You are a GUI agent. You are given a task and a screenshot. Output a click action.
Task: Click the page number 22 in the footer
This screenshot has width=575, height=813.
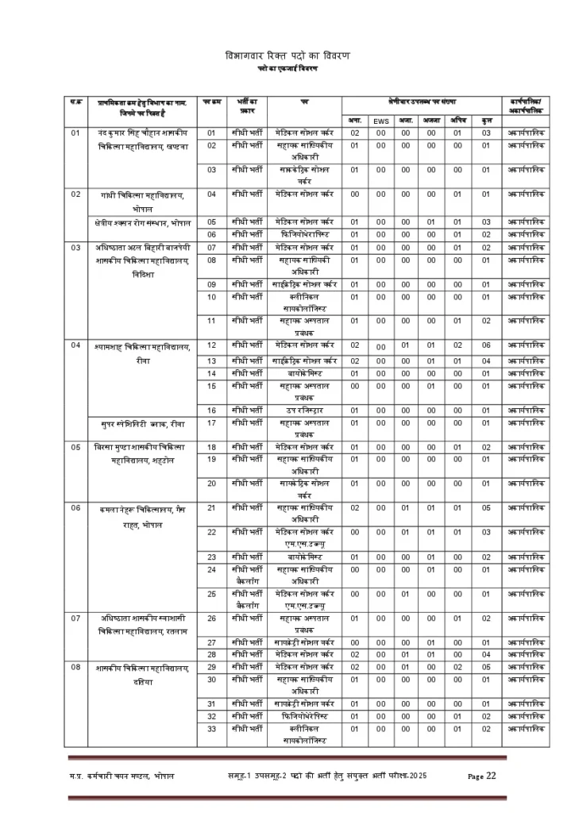(x=491, y=775)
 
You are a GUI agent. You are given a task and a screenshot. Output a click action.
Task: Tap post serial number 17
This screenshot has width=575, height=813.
(x=212, y=422)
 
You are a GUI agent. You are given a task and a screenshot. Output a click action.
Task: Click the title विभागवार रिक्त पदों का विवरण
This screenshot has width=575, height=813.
(x=287, y=56)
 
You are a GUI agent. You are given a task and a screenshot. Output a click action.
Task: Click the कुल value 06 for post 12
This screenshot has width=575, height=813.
(x=486, y=345)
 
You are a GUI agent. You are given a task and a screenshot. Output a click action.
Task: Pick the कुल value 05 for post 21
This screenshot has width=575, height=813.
(x=486, y=507)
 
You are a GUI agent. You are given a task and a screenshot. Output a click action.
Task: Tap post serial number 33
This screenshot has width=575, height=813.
(x=212, y=728)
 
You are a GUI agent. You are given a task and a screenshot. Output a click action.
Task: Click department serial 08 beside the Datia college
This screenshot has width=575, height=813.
(x=76, y=667)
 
